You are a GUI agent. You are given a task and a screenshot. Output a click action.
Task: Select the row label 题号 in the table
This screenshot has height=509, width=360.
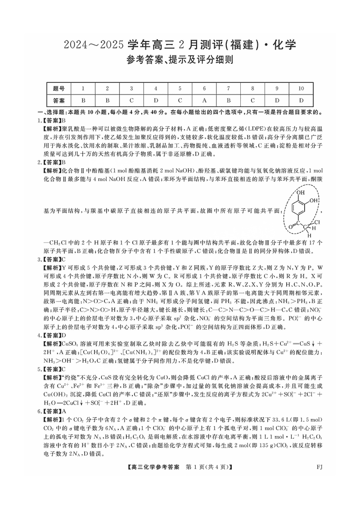pyautogui.click(x=58, y=89)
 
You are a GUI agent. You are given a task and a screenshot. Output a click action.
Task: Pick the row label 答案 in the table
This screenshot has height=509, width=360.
pyautogui.click(x=58, y=100)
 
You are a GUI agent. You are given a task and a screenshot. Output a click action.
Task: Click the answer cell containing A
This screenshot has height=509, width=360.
pyautogui.click(x=204, y=100)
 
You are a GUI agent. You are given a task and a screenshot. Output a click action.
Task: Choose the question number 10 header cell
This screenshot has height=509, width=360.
pyautogui.click(x=301, y=89)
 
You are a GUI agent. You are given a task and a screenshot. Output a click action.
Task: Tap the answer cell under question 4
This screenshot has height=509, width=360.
pyautogui.click(x=155, y=100)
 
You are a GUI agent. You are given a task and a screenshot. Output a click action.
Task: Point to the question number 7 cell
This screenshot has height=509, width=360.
pyautogui.click(x=228, y=89)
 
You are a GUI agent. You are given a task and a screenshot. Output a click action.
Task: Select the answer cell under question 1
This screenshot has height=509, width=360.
pyautogui.click(x=83, y=100)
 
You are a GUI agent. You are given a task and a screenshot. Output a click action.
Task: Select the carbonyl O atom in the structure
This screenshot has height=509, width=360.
pyautogui.click(x=289, y=227)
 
